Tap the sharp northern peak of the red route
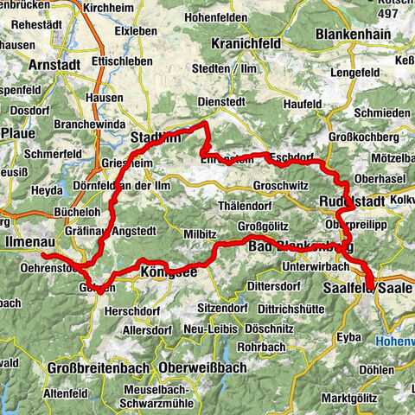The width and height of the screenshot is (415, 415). point(205,124)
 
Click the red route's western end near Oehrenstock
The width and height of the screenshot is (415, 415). point(43,256)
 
